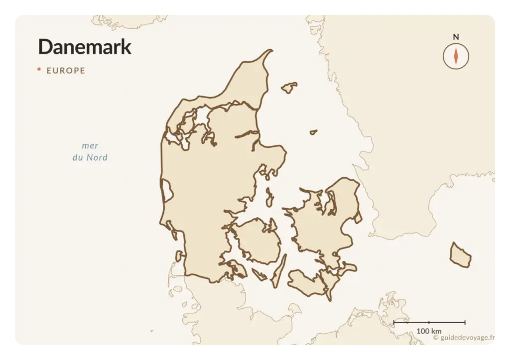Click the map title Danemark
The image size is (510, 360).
point(85,46)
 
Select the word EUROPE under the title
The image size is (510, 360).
point(66,71)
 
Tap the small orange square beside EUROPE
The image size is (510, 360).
point(39,69)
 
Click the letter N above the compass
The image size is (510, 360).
point(456,37)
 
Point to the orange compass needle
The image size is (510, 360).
point(456,55)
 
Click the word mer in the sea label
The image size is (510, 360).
point(90,145)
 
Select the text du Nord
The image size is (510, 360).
point(90,158)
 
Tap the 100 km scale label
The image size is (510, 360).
point(429,331)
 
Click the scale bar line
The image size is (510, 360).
point(429,323)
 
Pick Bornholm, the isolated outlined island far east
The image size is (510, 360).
point(460,255)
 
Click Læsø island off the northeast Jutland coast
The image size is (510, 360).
point(289,88)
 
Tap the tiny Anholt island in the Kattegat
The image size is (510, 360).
point(313,132)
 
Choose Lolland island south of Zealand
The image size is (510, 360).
point(305,283)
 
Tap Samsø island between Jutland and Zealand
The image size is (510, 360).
point(269,197)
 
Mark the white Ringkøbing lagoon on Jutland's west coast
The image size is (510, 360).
point(166,190)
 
